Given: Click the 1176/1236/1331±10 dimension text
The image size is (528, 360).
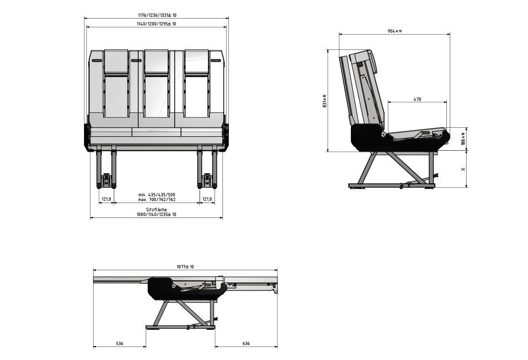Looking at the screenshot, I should click(x=156, y=15).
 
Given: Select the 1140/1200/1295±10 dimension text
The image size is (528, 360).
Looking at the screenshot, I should click(x=156, y=24).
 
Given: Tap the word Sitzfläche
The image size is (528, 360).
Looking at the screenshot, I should click(x=156, y=210).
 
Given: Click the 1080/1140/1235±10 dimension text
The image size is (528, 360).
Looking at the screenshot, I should click(x=156, y=215).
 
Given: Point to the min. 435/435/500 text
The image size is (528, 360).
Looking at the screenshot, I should click(x=156, y=194).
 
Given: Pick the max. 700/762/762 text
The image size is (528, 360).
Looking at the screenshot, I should click(x=156, y=199).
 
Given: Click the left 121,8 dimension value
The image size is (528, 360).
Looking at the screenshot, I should click(x=106, y=199).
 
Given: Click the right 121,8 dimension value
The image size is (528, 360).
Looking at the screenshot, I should click(x=207, y=199).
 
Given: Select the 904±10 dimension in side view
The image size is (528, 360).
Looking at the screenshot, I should click(x=395, y=31).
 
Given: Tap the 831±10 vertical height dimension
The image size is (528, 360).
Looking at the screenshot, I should click(x=325, y=101).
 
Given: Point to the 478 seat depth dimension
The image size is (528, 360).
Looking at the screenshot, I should click(x=417, y=99).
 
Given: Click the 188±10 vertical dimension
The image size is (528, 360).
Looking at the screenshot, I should click(x=463, y=139).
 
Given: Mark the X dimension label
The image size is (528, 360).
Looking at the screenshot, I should click(x=463, y=169).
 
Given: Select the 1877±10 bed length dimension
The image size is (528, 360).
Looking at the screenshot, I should click(x=185, y=267).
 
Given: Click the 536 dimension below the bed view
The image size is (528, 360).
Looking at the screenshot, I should click(x=120, y=344).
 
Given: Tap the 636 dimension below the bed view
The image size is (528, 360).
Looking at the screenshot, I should click(x=246, y=344).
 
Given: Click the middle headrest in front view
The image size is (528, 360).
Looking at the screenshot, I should click(x=156, y=61).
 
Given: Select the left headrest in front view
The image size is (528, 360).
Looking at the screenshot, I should click(x=116, y=61).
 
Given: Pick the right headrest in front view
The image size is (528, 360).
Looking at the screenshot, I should click(x=197, y=61).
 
